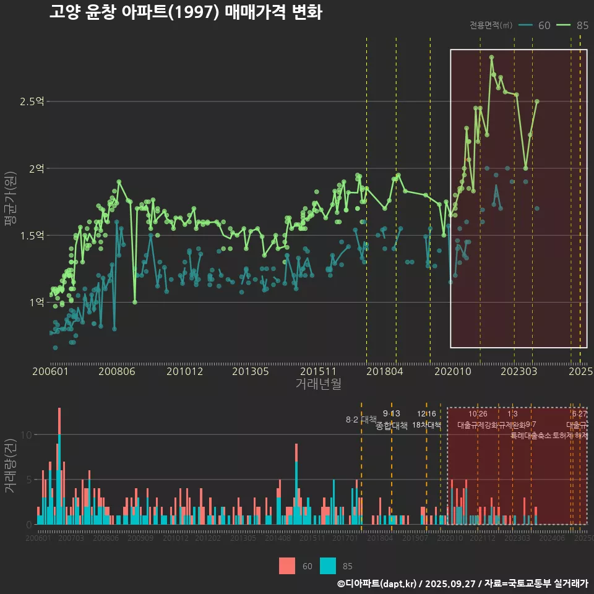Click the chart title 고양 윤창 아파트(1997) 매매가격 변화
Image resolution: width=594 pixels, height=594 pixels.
pyautogui.click(x=186, y=12)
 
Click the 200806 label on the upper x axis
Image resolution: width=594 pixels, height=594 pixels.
pyautogui.click(x=117, y=372)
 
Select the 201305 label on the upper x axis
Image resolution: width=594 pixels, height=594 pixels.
pyautogui.click(x=250, y=372)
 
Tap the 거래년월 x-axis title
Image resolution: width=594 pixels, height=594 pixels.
pyautogui.click(x=318, y=384)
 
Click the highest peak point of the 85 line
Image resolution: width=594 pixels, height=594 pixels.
pyautogui.click(x=491, y=57)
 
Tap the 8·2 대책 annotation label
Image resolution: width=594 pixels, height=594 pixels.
pyautogui.click(x=361, y=420)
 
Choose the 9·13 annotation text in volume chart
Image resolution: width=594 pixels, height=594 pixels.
pyautogui.click(x=392, y=413)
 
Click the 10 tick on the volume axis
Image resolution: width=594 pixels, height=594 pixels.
pyautogui.click(x=25, y=434)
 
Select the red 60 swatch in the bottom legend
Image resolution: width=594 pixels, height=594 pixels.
pyautogui.click(x=287, y=566)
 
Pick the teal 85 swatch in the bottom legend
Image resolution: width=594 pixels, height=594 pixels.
pyautogui.click(x=328, y=566)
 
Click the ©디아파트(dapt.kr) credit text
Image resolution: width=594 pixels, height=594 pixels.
pyautogui.click(x=377, y=583)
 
